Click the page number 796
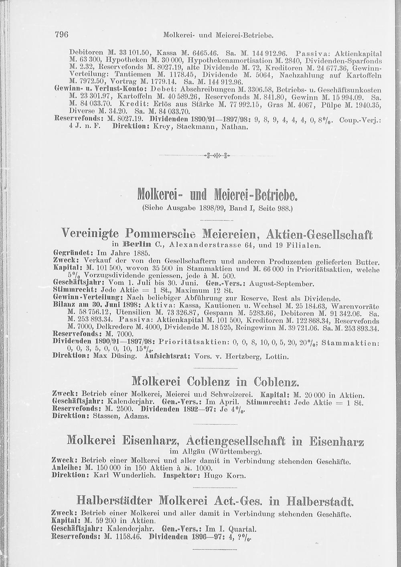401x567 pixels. click(x=62, y=34)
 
